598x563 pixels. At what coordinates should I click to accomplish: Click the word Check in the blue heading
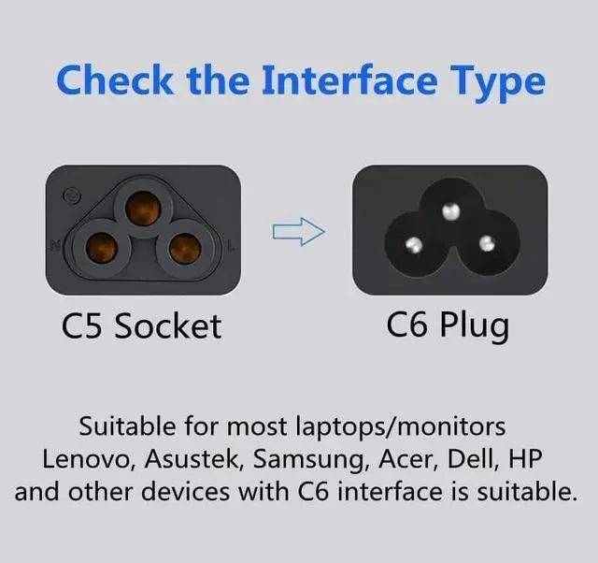[x=114, y=79]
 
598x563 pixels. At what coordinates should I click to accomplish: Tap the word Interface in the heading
[x=349, y=79]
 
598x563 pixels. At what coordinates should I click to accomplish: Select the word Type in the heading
[x=498, y=84]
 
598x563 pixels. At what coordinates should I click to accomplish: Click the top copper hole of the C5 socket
[x=143, y=209]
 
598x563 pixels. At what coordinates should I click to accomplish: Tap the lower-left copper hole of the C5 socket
[x=101, y=249]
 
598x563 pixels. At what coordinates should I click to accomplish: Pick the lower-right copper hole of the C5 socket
[x=185, y=249]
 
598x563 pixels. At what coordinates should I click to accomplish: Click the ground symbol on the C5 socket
[x=72, y=195]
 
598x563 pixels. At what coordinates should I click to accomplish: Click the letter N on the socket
[x=55, y=245]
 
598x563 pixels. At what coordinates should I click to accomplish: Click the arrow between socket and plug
[x=299, y=232]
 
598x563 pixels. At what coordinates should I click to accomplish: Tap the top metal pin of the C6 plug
[x=450, y=211]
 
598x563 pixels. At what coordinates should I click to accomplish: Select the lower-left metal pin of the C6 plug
[x=414, y=245]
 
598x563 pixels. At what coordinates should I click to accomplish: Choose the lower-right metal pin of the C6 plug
[x=487, y=243]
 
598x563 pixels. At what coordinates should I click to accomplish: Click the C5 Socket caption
[x=141, y=326]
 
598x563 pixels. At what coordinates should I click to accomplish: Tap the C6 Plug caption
[x=448, y=325]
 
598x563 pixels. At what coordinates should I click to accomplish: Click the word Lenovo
[x=86, y=458]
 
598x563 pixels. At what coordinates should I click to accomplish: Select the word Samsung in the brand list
[x=309, y=459]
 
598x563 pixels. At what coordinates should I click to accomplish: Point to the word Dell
[x=470, y=458]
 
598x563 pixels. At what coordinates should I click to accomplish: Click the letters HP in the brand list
[x=525, y=458]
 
